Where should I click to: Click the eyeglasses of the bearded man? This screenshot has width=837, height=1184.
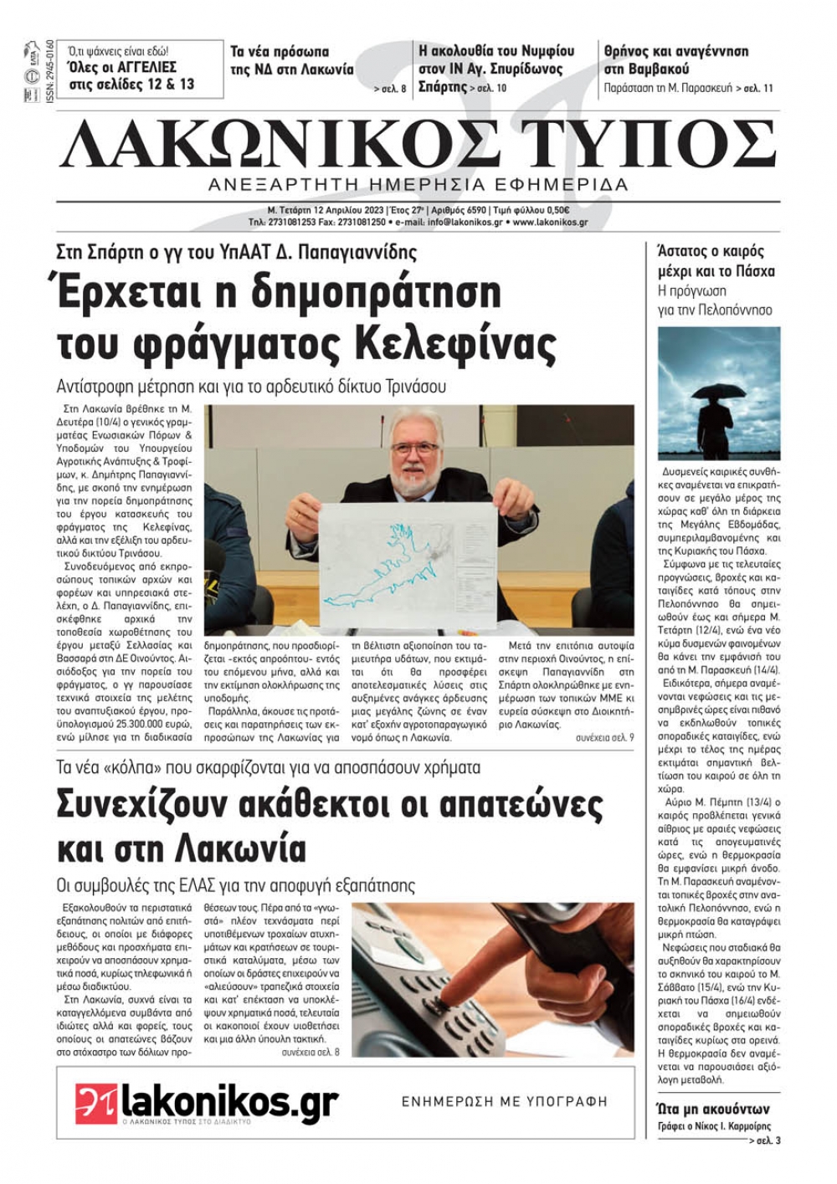[416, 448]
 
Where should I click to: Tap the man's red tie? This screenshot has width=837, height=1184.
[416, 502]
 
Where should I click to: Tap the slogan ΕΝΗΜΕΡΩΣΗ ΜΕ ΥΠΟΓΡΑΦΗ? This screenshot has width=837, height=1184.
[504, 1102]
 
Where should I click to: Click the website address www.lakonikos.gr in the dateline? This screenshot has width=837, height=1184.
[550, 223]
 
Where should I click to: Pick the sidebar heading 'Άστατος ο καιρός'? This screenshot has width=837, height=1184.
[711, 250]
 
